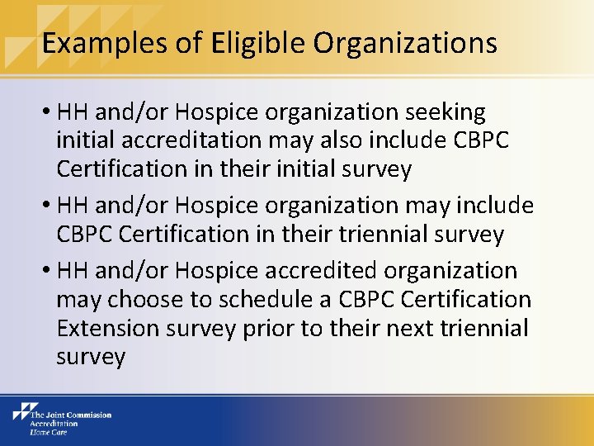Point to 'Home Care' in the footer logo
pos(49,431)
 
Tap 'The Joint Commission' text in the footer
pos(70,415)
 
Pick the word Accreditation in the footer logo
pos(54,423)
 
